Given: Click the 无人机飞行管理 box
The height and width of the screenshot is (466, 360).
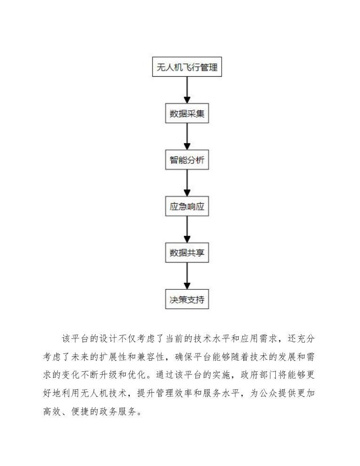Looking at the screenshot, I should pyautogui.click(x=187, y=67).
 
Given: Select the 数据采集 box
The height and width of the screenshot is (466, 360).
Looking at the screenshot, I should pyautogui.click(x=187, y=114).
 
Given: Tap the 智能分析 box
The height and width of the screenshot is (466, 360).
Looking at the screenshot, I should pyautogui.click(x=187, y=161).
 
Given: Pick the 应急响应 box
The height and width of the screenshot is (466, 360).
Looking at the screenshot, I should pyautogui.click(x=187, y=207).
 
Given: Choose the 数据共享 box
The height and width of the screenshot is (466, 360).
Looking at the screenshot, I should pyautogui.click(x=187, y=253).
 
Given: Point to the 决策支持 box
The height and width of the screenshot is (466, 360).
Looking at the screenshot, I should pyautogui.click(x=187, y=299).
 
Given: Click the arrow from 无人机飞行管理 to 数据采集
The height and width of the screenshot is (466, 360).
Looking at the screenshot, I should pyautogui.click(x=187, y=89).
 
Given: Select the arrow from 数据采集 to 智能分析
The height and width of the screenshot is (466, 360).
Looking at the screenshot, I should pyautogui.click(x=187, y=137).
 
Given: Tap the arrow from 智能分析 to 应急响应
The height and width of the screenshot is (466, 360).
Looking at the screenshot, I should pyautogui.click(x=187, y=183).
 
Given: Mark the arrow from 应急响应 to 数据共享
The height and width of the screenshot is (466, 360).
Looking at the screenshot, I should pyautogui.click(x=187, y=230).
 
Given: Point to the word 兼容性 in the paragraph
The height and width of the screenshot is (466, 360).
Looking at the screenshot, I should pyautogui.click(x=174, y=356).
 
